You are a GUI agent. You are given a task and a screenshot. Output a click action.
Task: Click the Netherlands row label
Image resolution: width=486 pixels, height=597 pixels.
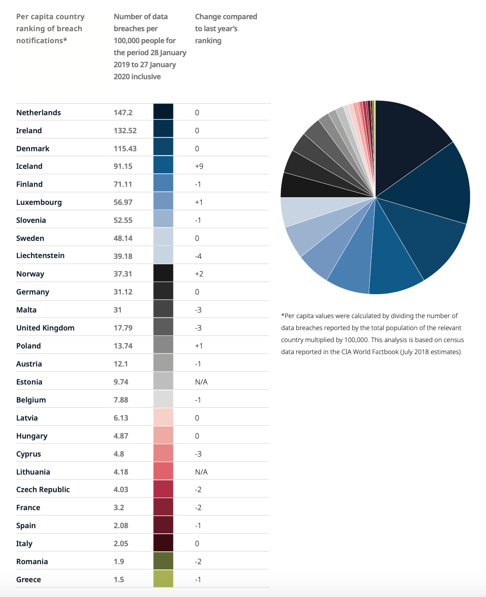point(38,112)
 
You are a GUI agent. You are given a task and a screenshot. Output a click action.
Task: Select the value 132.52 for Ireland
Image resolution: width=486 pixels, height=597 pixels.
point(125,130)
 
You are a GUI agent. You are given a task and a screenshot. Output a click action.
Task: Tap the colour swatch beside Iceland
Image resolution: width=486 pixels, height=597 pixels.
point(163,165)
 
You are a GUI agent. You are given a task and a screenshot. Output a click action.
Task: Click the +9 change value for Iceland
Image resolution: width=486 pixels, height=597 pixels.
point(199,166)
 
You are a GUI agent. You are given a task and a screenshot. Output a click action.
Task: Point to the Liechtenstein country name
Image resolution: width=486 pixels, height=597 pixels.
point(40,255)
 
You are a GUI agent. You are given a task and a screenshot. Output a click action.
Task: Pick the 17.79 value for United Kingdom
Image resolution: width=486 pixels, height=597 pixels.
point(123,328)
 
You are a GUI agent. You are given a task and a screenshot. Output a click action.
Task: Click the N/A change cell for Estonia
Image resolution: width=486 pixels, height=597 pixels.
point(201,382)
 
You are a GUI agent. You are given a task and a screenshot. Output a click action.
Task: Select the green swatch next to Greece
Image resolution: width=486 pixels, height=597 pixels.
point(163,579)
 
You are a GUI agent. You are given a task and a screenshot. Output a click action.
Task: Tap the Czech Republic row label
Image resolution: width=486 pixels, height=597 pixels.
point(43,489)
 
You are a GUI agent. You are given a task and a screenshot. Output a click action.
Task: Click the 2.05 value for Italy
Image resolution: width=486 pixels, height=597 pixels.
point(121,543)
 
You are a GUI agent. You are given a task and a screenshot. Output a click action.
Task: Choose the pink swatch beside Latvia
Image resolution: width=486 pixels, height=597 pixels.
point(163,417)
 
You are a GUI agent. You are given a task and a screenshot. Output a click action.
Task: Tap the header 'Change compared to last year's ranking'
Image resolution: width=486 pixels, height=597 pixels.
point(226,28)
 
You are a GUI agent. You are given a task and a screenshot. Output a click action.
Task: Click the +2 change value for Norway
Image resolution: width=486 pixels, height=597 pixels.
point(199,274)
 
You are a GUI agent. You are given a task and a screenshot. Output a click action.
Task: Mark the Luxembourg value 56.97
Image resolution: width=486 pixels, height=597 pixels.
point(123,202)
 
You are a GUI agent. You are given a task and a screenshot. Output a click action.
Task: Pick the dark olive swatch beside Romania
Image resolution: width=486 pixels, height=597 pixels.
point(163,561)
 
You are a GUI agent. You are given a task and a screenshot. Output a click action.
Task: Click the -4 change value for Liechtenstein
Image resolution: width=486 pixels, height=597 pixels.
point(198,256)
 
